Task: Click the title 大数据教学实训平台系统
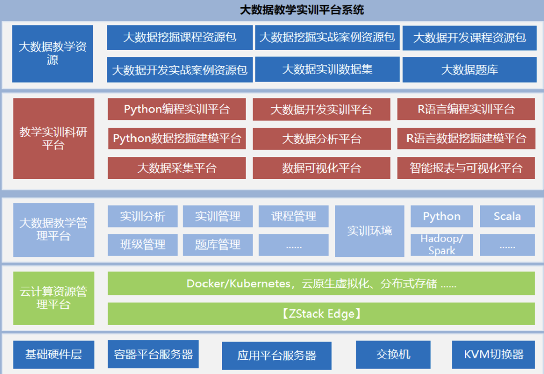click(x=302, y=10)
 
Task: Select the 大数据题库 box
click(x=469, y=70)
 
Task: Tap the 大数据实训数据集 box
click(x=327, y=69)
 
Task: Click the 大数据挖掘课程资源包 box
click(x=180, y=38)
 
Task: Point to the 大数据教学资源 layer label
click(x=52, y=53)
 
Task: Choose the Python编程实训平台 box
click(x=177, y=109)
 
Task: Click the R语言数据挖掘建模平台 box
click(x=466, y=139)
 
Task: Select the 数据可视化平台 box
click(x=321, y=168)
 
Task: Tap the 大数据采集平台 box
click(x=177, y=168)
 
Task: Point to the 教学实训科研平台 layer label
click(x=53, y=139)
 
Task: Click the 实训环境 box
click(x=370, y=231)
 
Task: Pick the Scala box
click(x=507, y=216)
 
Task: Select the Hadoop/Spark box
click(x=441, y=244)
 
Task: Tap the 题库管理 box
click(x=218, y=245)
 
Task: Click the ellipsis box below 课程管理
click(x=293, y=245)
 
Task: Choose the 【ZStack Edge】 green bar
click(x=321, y=314)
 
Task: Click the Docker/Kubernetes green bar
click(x=321, y=283)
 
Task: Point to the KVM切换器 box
click(x=494, y=354)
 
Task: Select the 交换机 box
click(x=393, y=354)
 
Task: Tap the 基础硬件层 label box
click(x=53, y=354)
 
